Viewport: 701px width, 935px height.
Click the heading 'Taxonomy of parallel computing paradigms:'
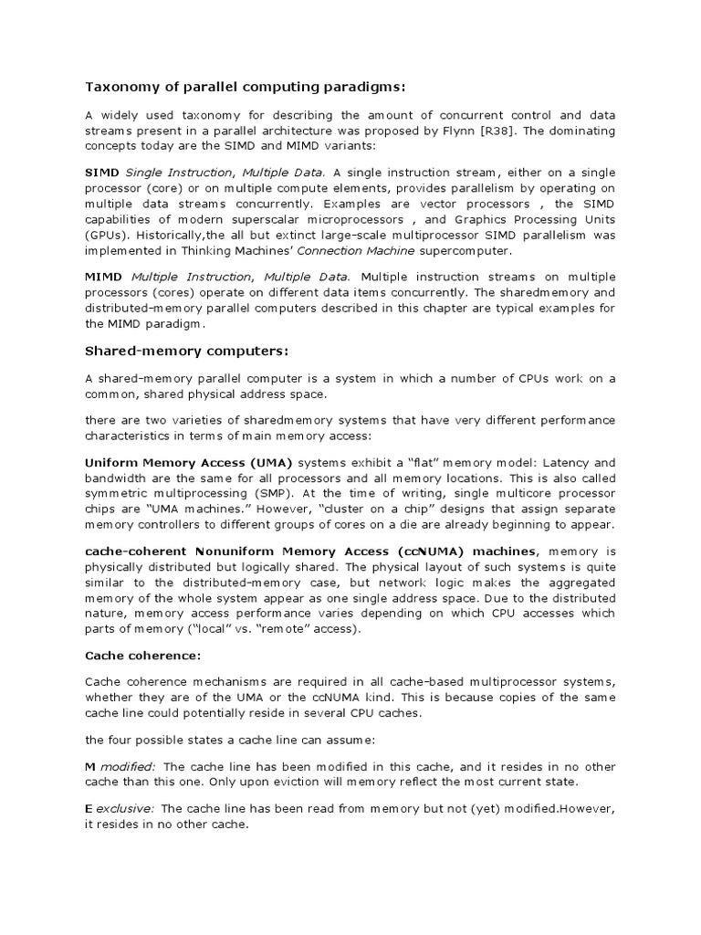click(x=245, y=87)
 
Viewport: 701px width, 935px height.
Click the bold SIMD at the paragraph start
click(x=102, y=173)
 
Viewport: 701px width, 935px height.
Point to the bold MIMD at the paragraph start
click(x=104, y=277)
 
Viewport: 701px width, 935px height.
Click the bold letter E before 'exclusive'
click(x=89, y=808)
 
